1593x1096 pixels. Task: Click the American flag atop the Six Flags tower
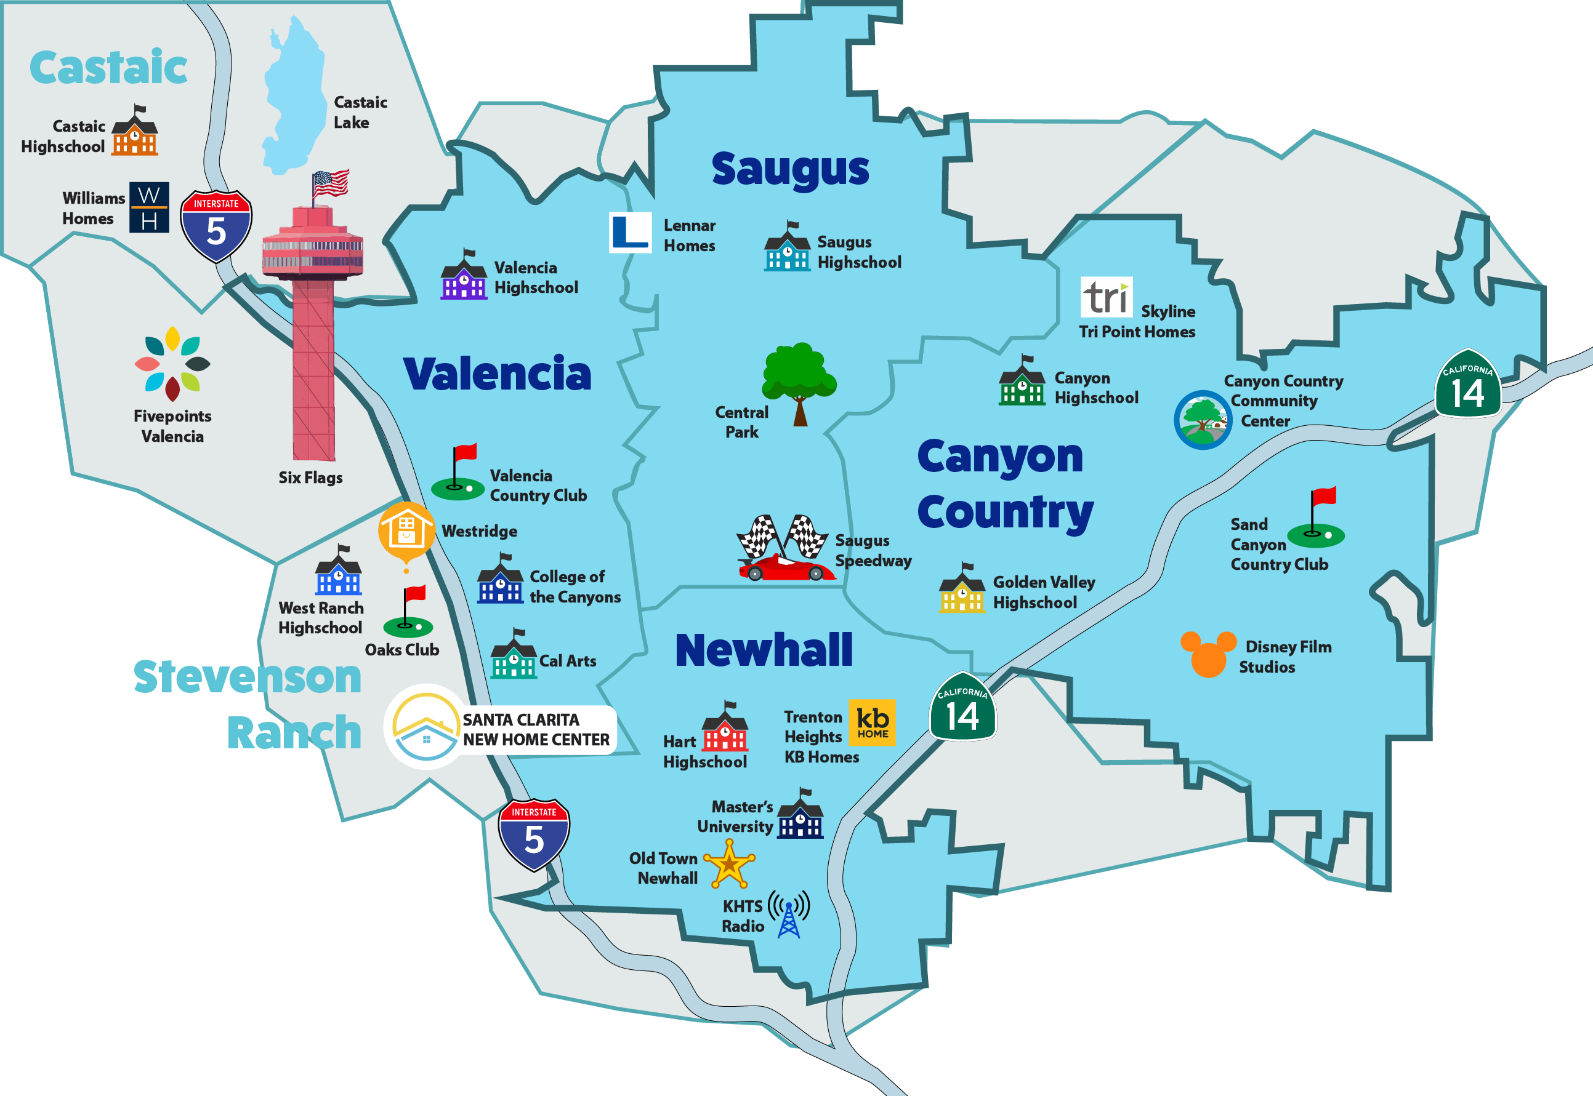(331, 183)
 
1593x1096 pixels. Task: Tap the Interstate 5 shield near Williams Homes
(216, 226)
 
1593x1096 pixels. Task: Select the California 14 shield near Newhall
(962, 707)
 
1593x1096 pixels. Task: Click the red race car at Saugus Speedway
(785, 567)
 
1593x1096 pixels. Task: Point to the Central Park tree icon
(798, 381)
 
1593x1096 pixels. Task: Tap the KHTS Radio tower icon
(789, 914)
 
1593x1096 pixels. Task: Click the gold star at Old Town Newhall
(729, 864)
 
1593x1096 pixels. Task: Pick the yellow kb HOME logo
(872, 722)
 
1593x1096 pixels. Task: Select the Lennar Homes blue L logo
(630, 232)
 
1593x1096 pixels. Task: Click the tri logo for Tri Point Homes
(1106, 297)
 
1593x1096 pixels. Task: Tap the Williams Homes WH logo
(149, 207)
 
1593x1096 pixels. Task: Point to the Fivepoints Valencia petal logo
(172, 363)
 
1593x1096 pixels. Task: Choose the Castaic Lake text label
(360, 112)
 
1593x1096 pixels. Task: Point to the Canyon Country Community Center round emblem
(1202, 420)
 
